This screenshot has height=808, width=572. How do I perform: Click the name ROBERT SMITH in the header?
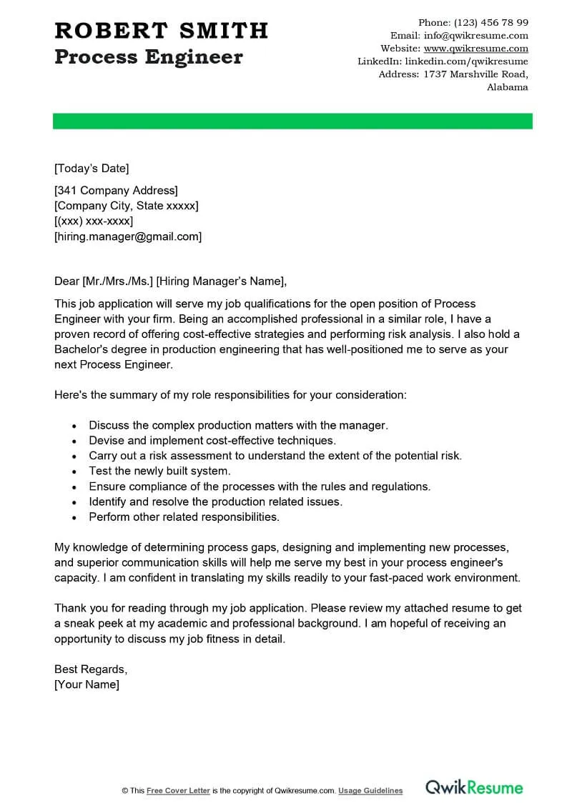pos(161,30)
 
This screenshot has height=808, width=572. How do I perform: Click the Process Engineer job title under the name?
pos(149,57)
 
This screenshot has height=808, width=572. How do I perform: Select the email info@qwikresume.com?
pos(476,35)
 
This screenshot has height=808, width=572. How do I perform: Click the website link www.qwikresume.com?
pos(476,49)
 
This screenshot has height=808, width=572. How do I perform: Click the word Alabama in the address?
pos(508,87)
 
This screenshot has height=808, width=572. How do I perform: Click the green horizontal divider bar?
pos(292,121)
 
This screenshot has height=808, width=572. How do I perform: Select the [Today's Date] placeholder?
pos(92,169)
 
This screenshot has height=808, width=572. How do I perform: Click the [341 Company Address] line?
pos(116,190)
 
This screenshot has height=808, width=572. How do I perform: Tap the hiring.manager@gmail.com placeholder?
pos(128,236)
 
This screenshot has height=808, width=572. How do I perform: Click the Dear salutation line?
pos(170,280)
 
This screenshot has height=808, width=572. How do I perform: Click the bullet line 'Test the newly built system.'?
pos(160,471)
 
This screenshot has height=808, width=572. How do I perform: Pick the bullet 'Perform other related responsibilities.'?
pos(184,517)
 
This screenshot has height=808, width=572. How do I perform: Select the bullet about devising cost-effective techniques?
pos(212,440)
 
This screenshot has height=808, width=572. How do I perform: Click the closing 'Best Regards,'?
pos(91,669)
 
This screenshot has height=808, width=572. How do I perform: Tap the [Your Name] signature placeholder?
pos(87,684)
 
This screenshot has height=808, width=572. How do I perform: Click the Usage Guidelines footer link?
pos(370,791)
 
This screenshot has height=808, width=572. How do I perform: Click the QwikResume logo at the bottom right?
pos(474,788)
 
